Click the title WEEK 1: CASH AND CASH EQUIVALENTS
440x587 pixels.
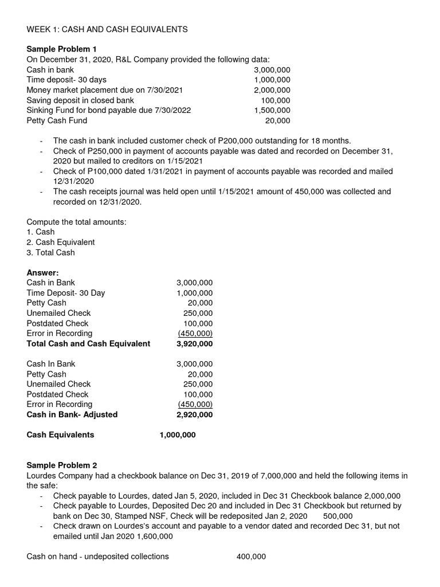click(107, 29)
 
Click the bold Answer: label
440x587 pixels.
click(43, 272)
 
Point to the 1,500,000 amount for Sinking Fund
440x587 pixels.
click(272, 110)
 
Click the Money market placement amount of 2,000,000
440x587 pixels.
click(272, 90)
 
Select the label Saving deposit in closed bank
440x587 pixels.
click(80, 100)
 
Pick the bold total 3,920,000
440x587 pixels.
click(194, 344)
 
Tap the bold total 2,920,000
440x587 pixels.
click(194, 414)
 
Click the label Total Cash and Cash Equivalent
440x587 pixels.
click(88, 344)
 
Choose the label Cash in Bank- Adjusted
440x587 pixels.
click(72, 414)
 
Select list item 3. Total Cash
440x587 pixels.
click(51, 252)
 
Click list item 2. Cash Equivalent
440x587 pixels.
click(61, 242)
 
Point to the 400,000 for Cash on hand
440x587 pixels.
click(251, 557)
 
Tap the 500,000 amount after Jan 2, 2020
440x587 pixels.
click(338, 516)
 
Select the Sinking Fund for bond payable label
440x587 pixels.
click(109, 110)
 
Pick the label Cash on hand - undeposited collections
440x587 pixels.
click(98, 557)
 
